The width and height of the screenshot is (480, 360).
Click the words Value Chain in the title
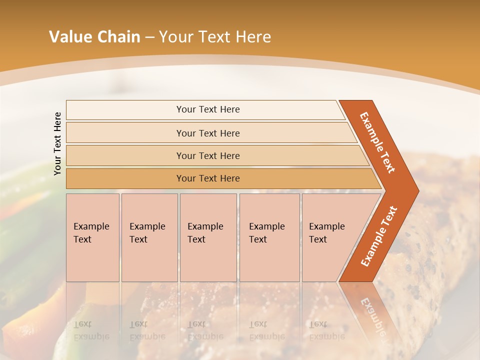94,37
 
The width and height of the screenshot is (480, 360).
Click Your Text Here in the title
215,37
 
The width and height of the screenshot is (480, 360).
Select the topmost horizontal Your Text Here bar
207,109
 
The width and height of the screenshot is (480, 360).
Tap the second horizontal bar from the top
207,133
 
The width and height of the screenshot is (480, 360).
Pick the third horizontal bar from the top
207,156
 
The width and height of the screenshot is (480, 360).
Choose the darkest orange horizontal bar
207,178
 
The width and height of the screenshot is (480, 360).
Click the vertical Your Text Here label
57,143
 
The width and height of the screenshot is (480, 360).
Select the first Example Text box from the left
92,237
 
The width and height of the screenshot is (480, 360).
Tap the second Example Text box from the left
149,237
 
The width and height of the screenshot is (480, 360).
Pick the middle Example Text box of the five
207,237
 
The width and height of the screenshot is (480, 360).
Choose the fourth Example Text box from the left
269,237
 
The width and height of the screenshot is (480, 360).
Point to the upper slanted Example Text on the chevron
377,142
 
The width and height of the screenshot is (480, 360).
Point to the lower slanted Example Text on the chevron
379,236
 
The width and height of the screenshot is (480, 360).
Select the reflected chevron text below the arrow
372,315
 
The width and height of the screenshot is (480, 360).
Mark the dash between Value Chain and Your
149,37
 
